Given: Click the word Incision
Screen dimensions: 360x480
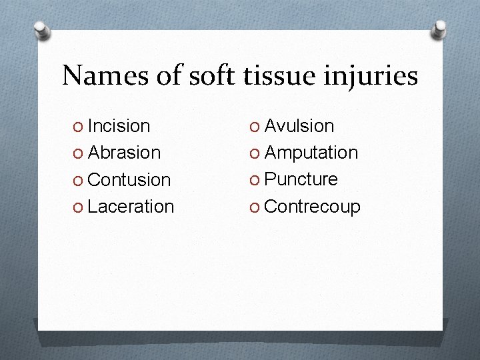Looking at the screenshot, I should point(119,125).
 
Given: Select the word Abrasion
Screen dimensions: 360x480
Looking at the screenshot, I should point(124,153).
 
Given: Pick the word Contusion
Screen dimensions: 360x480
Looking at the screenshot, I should point(129,180).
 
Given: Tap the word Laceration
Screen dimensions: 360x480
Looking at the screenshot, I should point(131,207).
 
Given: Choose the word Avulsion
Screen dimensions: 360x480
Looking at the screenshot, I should point(299,125).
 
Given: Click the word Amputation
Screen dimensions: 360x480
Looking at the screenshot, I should point(311,153).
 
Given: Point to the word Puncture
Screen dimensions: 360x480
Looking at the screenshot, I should point(301,179).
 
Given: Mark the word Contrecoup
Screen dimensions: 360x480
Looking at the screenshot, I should point(312,207).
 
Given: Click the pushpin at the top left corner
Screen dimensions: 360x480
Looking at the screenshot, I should point(41,30).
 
